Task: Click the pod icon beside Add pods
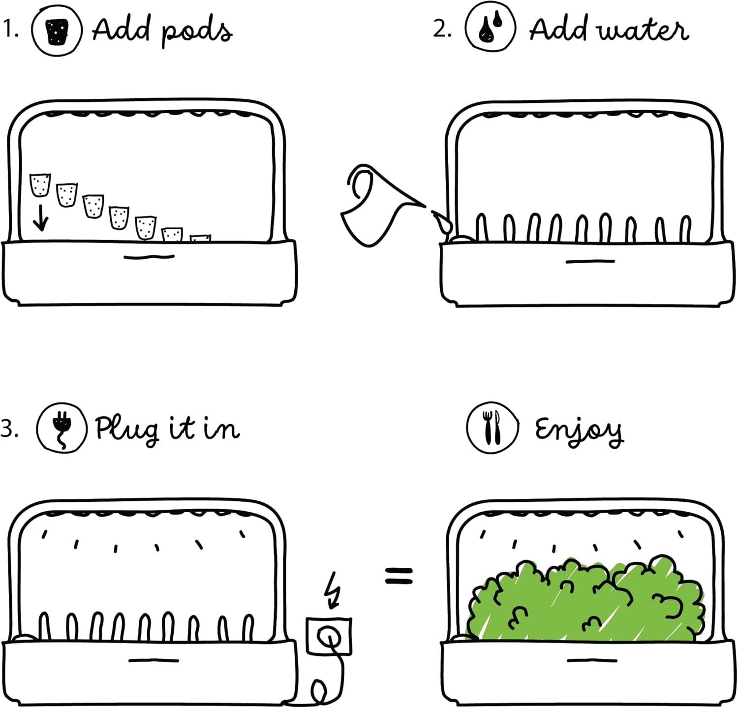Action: [57, 31]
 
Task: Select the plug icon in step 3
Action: [62, 428]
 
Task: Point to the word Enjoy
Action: [579, 430]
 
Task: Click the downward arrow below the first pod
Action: [40, 218]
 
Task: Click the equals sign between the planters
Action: [399, 576]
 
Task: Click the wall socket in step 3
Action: [329, 637]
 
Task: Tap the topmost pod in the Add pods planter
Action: [40, 185]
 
